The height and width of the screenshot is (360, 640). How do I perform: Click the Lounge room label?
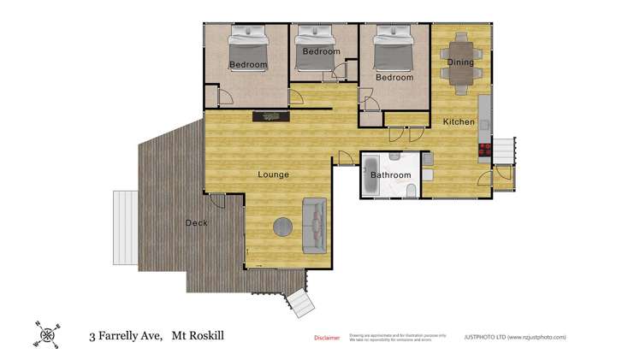274,174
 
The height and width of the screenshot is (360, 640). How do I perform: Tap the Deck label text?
196,223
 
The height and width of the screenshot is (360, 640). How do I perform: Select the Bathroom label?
390,175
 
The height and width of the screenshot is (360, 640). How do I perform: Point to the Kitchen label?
459,122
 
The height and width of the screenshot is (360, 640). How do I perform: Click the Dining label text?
460,62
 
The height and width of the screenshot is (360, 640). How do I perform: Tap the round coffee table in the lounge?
283,227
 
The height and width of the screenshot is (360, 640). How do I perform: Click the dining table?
460,62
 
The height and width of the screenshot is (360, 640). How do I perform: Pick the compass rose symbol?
46,333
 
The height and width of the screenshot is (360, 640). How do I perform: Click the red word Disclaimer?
327,338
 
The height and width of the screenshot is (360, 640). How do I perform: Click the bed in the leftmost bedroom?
248,46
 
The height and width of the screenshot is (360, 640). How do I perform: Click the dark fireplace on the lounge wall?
270,116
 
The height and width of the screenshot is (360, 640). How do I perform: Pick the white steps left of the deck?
126,217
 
